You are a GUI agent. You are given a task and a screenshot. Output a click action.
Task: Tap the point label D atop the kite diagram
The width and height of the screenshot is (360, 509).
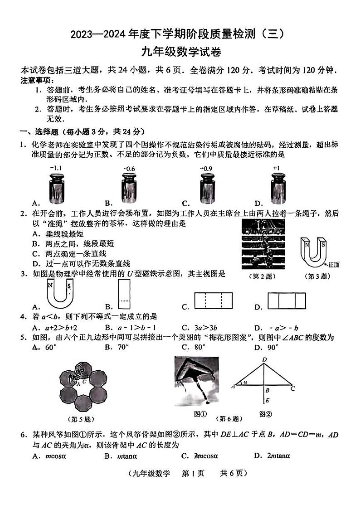[264, 359]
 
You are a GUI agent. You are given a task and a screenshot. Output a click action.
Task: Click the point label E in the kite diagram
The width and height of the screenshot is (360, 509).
[268, 400]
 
